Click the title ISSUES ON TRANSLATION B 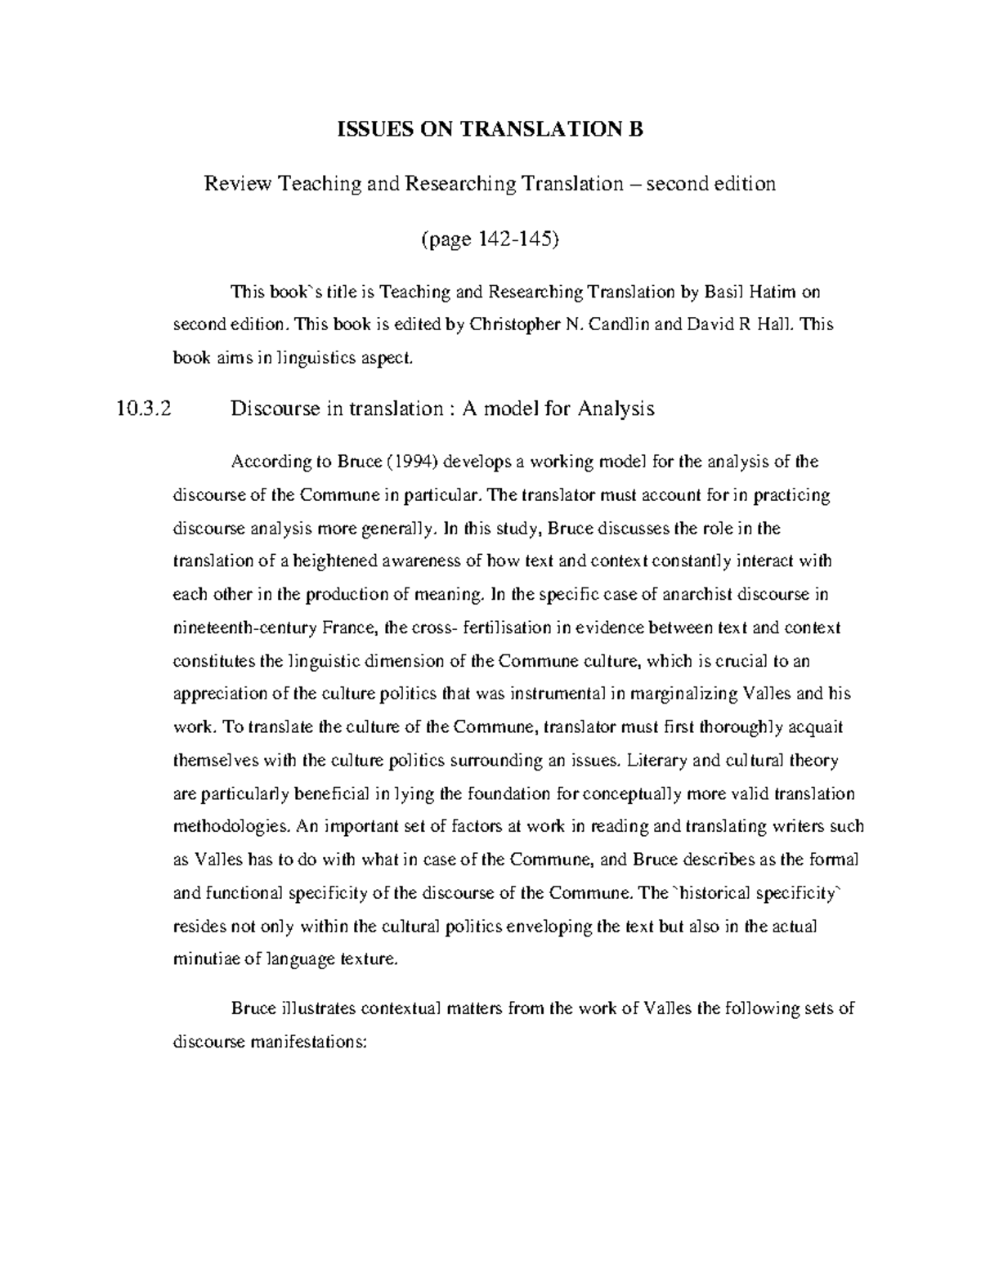coord(491,130)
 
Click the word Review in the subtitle coord(237,184)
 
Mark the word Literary coord(656,760)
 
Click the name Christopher coord(513,324)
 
